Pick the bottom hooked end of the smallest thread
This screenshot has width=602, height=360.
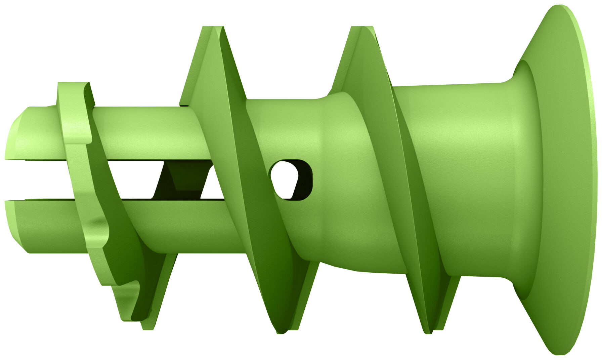[134, 316]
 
